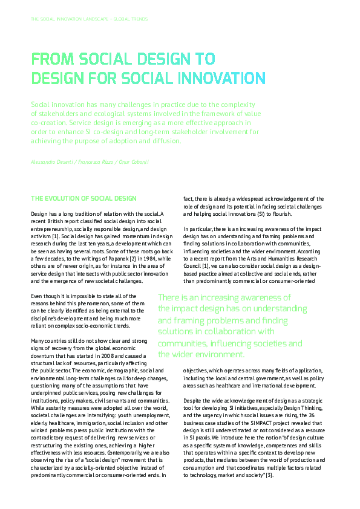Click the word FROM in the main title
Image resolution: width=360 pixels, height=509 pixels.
click(51, 59)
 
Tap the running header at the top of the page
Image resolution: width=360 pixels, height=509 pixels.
click(89, 19)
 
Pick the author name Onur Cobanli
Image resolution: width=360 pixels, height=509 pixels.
click(133, 163)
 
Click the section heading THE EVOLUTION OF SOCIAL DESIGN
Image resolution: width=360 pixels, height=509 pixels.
click(83, 198)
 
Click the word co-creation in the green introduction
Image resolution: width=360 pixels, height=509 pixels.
click(50, 122)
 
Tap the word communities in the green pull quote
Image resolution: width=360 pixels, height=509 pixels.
click(180, 343)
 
